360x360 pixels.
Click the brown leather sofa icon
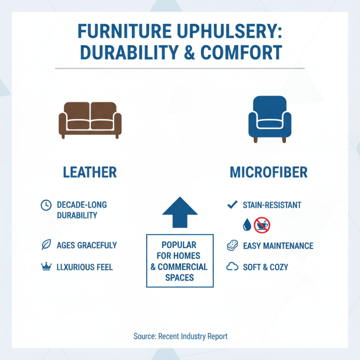pos(90,120)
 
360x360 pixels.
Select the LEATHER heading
pos(90,172)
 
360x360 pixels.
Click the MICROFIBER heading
pos(269,172)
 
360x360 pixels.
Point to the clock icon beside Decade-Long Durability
pos(46,205)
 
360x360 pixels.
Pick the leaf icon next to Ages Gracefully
pos(46,245)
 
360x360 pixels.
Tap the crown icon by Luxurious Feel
pos(46,267)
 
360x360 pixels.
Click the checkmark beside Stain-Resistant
pos(232,205)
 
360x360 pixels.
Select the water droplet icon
pos(246,225)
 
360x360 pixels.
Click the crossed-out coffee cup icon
pos(262,225)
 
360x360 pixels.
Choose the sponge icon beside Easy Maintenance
pos(232,246)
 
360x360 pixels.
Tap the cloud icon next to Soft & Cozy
pos(232,267)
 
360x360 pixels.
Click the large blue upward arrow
pos(180,212)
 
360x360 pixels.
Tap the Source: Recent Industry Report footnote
pos(180,336)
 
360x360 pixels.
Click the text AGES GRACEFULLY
pos(87,246)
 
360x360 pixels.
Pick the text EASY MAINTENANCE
pos(278,246)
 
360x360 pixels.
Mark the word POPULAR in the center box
pos(179,245)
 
